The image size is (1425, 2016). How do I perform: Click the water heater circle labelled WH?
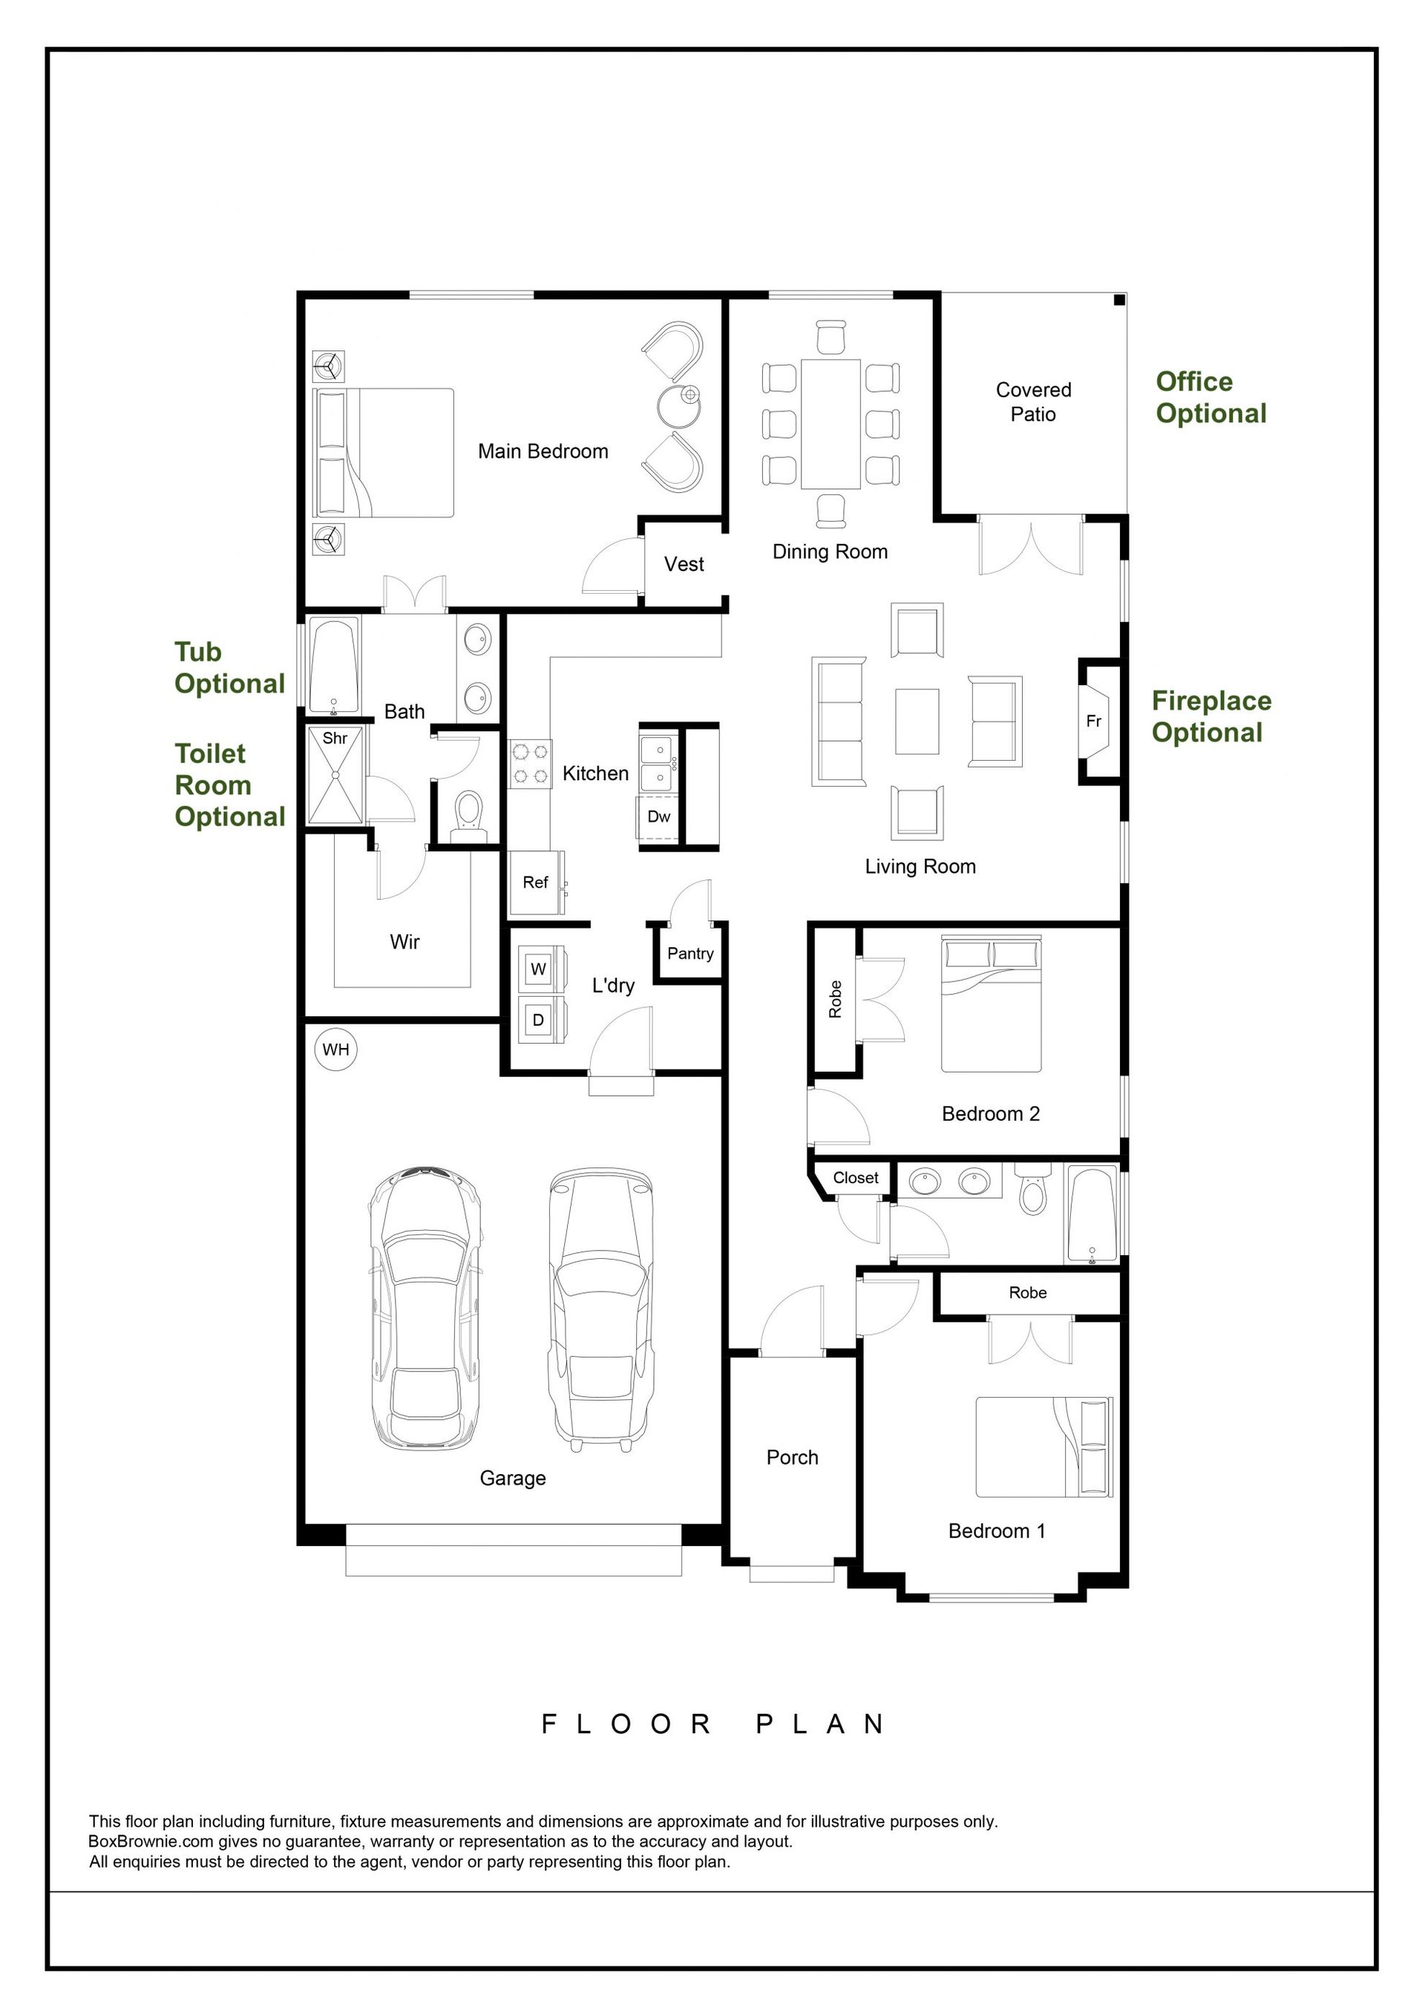[336, 1050]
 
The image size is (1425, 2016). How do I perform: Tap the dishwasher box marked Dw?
[658, 817]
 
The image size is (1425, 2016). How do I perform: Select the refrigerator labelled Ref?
[536, 883]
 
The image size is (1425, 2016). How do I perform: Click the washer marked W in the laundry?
[539, 969]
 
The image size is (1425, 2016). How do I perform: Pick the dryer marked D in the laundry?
[539, 1019]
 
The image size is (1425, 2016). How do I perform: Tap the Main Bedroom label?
[543, 451]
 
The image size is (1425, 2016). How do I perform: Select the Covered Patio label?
[1033, 402]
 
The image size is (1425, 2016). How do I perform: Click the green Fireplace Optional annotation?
[1212, 716]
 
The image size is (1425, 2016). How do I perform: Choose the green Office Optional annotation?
[1211, 398]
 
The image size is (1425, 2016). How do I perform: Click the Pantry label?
[690, 954]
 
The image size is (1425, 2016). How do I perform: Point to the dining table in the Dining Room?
[831, 423]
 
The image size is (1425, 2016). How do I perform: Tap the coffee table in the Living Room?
[917, 721]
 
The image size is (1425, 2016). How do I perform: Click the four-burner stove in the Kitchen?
[531, 763]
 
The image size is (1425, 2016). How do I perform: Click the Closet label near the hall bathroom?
[855, 1177]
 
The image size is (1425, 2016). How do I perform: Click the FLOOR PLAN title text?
[713, 1724]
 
